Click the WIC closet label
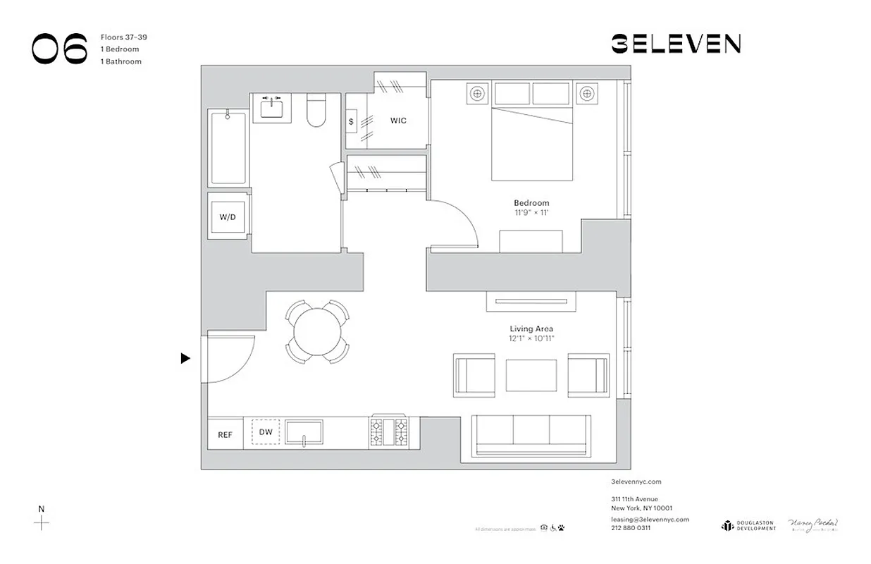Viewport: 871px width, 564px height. pos(398,121)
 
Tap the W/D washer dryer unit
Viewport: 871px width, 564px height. pos(228,217)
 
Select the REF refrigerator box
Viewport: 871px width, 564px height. pos(225,435)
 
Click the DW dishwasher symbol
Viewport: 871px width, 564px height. pos(266,432)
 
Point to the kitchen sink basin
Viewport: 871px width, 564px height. pos(304,431)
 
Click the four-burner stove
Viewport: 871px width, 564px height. pos(388,431)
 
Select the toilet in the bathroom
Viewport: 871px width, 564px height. pos(316,112)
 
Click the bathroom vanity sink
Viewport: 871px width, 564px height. pos(271,109)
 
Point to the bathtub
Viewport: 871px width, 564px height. pos(228,147)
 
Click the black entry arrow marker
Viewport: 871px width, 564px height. pos(185,358)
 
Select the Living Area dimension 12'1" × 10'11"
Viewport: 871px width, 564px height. pos(531,338)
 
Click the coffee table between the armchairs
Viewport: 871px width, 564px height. pos(531,375)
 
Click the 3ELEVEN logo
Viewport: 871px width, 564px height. pos(675,44)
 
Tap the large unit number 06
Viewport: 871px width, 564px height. pos(60,49)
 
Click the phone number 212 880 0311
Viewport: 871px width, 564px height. pos(631,527)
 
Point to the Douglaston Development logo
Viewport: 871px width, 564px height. pos(748,525)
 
